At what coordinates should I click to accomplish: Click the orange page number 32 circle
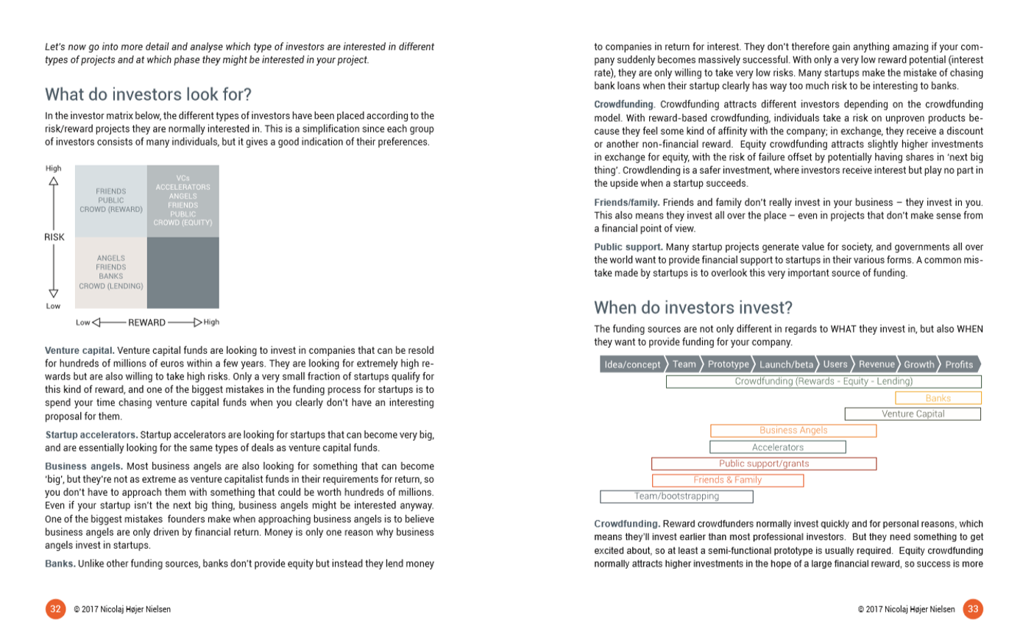coord(55,609)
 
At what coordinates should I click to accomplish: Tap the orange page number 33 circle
coord(973,609)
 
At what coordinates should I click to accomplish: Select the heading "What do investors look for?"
coord(148,95)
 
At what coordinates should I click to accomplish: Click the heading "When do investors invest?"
coord(693,308)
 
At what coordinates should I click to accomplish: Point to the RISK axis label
coord(54,237)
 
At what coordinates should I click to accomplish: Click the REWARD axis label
coord(146,322)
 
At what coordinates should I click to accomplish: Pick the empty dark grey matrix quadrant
coord(183,272)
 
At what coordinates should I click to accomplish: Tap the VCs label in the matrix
coord(183,178)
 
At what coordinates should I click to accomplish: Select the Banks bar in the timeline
coord(938,398)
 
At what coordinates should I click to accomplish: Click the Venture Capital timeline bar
coord(913,414)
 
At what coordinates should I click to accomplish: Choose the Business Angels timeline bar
coord(793,430)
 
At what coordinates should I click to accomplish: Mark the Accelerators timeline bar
coord(777,447)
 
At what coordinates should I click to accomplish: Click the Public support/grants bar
coord(763,464)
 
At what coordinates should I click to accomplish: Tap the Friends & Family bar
coord(727,480)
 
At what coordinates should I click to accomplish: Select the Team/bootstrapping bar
coord(676,497)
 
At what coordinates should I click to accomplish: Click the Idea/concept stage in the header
coord(632,364)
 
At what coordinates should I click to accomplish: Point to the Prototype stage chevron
coord(728,364)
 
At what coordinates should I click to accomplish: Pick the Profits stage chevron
coord(958,364)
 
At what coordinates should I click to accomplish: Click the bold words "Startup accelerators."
coord(91,435)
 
